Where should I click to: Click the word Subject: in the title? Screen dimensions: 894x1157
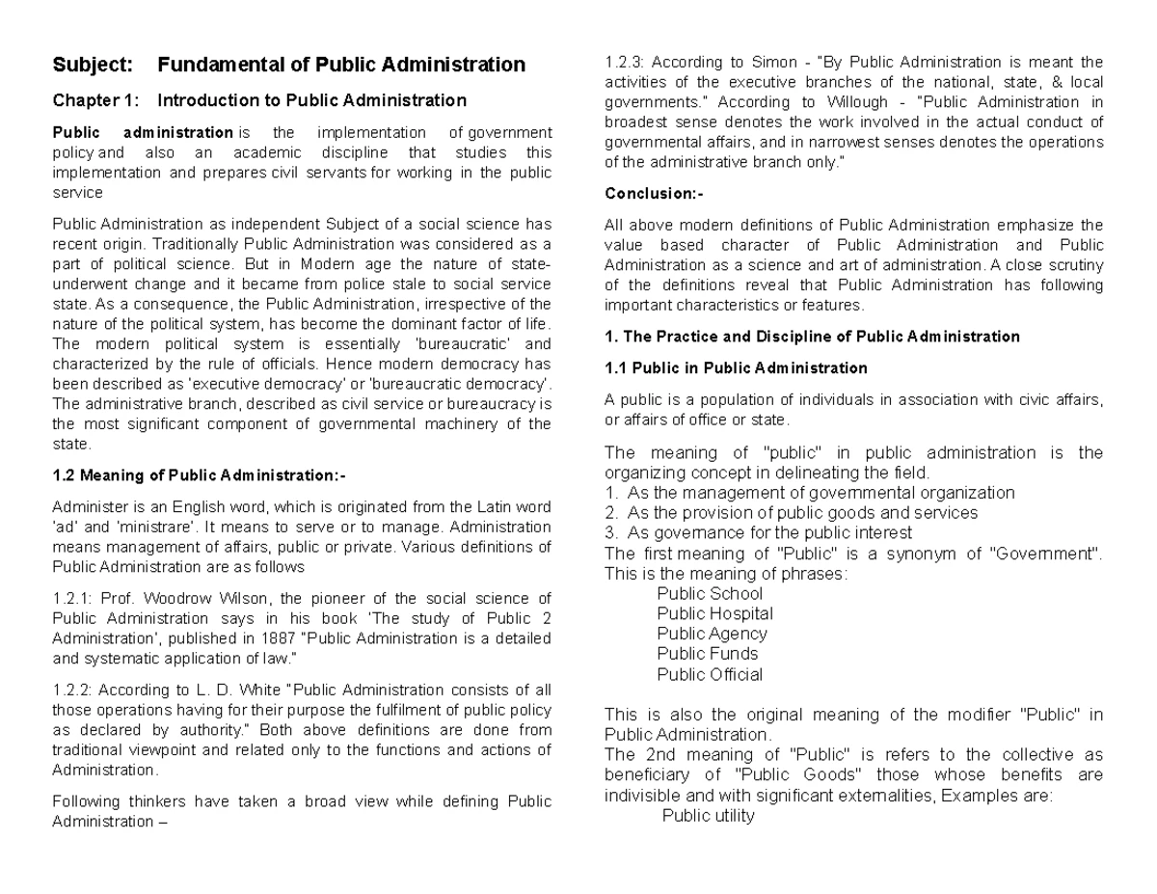coord(93,66)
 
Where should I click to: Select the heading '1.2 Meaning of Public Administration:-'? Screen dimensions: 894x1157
coord(198,474)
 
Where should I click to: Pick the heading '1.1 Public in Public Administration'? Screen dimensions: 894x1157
coord(736,367)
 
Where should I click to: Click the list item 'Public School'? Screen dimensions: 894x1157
coord(710,593)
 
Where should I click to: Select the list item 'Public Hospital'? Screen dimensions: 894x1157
coord(714,613)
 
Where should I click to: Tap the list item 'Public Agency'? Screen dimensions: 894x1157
coord(712,634)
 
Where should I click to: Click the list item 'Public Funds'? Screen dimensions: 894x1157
coord(707,654)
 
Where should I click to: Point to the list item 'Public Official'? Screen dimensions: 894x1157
coord(710,674)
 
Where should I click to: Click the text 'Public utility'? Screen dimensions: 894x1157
coord(709,816)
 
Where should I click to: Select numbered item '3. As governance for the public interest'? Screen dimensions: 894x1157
coord(758,532)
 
